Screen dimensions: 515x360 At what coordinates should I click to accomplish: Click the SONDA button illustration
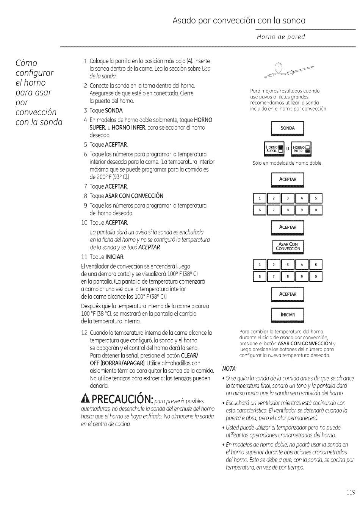click(287, 128)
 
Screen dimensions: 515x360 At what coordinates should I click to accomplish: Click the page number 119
click(351, 492)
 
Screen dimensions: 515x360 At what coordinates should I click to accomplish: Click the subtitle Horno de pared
click(280, 37)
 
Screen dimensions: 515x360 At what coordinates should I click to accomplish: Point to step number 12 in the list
click(85, 333)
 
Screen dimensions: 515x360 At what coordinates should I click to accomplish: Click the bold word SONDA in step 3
click(114, 111)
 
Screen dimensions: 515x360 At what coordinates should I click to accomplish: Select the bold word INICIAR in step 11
click(114, 257)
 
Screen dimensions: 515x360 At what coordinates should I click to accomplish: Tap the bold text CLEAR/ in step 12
click(189, 356)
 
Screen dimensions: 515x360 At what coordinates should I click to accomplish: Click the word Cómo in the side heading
click(27, 63)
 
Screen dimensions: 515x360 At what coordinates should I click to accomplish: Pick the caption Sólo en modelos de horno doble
click(287, 163)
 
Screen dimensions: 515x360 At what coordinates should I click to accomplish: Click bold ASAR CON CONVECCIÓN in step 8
click(134, 196)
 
